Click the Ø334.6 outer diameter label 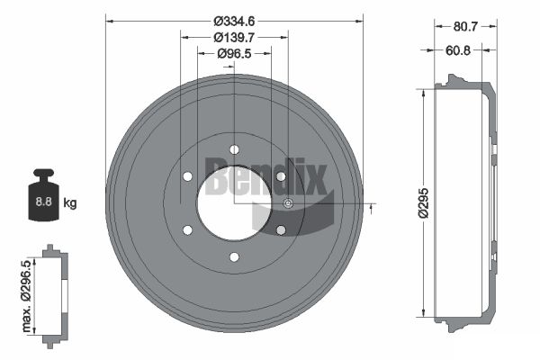pyautogui.click(x=234, y=22)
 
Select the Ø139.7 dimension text pyautogui.click(x=234, y=37)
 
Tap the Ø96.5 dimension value pyautogui.click(x=234, y=53)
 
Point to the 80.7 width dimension pyautogui.click(x=465, y=26)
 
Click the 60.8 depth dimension pyautogui.click(x=458, y=50)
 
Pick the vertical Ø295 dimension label pyautogui.click(x=423, y=202)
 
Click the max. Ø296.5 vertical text pyautogui.click(x=26, y=296)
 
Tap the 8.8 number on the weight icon pyautogui.click(x=44, y=202)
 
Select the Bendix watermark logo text pyautogui.click(x=265, y=176)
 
